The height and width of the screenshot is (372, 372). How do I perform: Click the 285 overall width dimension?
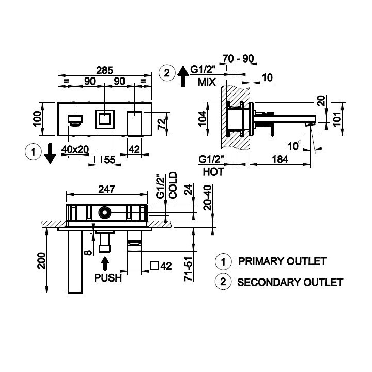coord(104,70)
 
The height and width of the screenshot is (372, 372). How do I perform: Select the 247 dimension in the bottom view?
coord(106,189)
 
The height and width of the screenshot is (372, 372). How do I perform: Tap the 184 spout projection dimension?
coord(280,159)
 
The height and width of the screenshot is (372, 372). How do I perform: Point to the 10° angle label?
coord(295,145)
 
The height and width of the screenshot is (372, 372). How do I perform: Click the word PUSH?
coord(108,277)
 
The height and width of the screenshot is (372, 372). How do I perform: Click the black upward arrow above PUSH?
coord(104,264)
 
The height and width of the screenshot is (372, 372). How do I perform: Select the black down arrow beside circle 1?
coord(50,153)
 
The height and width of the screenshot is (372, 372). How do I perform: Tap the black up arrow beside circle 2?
coord(183,76)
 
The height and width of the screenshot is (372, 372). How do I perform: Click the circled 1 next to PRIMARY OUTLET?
coord(223,261)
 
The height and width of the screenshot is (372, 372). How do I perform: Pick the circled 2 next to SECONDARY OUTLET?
coord(223,282)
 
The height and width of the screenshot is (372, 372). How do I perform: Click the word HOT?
coord(213,172)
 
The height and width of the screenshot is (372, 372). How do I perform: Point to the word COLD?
coord(173,185)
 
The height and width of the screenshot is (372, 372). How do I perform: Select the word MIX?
coord(207,82)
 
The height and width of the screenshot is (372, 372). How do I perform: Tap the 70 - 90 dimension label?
coord(238,58)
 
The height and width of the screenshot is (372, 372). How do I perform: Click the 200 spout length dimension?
coord(42,260)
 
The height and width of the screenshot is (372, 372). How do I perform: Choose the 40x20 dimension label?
coord(75,149)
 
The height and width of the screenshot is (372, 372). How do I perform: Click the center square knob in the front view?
coord(104,119)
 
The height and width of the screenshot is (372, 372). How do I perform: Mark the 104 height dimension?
coord(203,119)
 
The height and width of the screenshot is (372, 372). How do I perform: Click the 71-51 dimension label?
coord(189,269)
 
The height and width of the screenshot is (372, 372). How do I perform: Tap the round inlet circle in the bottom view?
coord(104,212)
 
